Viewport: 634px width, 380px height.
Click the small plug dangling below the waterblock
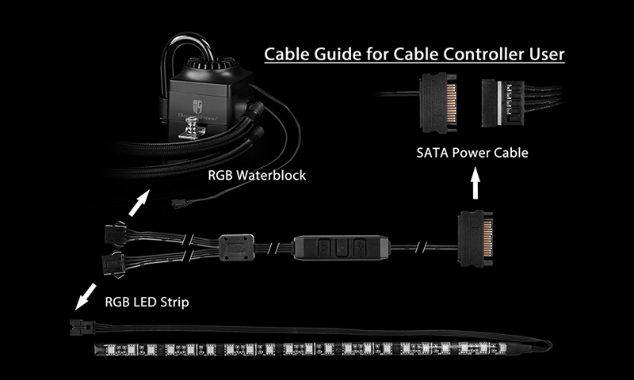(178, 204)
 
